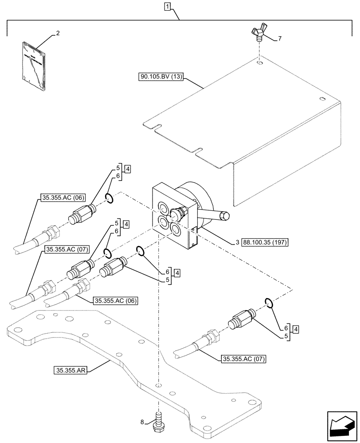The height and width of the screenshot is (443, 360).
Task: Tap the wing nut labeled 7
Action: (x=259, y=34)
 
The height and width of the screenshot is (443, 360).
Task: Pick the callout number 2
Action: (x=57, y=33)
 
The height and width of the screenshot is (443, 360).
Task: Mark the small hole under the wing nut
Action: (x=259, y=63)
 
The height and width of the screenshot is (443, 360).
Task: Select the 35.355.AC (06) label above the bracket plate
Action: (x=116, y=301)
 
